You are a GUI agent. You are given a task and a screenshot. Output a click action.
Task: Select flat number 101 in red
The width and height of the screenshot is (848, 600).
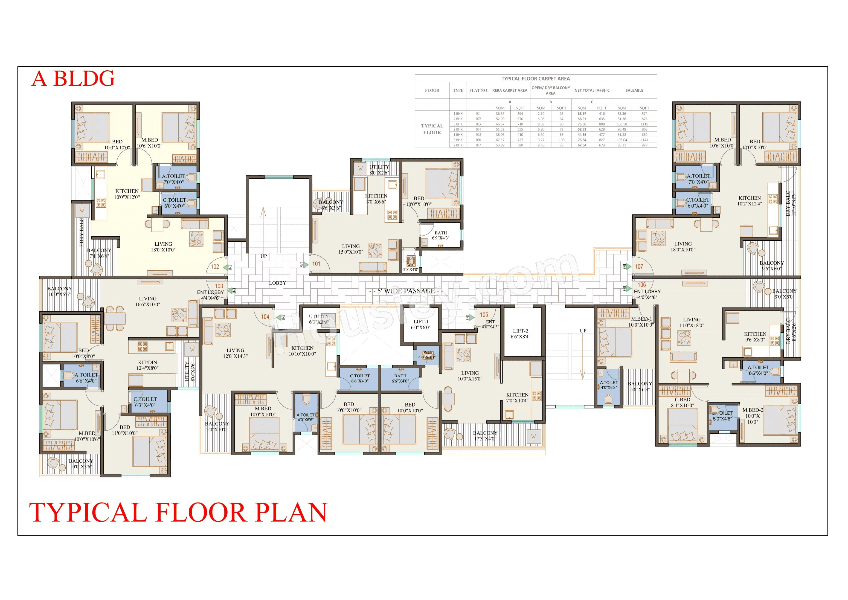click(x=316, y=264)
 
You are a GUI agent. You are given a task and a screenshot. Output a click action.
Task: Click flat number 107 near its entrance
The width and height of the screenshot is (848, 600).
click(x=639, y=266)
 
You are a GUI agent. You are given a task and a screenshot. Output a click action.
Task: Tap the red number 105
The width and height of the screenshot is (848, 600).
click(x=484, y=315)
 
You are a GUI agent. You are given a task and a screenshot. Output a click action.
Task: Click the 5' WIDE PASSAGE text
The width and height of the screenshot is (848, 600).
click(x=406, y=291)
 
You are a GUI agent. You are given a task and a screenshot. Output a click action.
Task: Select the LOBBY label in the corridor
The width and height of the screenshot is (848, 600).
click(x=277, y=283)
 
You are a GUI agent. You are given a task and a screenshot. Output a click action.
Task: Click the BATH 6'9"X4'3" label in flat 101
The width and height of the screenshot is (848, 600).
click(x=441, y=235)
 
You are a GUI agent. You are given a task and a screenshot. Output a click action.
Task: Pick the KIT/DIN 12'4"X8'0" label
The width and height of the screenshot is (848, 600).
click(x=147, y=365)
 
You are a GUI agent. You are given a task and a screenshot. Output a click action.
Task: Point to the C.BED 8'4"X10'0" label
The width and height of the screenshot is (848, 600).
click(x=683, y=402)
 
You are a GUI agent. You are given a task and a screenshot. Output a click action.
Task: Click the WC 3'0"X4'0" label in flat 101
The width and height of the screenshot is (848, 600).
click(x=411, y=267)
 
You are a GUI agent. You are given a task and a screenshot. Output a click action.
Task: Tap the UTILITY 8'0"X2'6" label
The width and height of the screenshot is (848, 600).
click(x=379, y=170)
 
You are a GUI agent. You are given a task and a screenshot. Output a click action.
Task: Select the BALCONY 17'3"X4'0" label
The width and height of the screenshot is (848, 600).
click(x=485, y=436)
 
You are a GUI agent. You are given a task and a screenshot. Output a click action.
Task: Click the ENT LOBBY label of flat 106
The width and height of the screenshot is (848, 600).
click(x=647, y=291)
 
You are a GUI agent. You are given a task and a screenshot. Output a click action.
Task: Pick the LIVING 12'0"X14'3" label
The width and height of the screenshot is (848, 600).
click(x=235, y=353)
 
